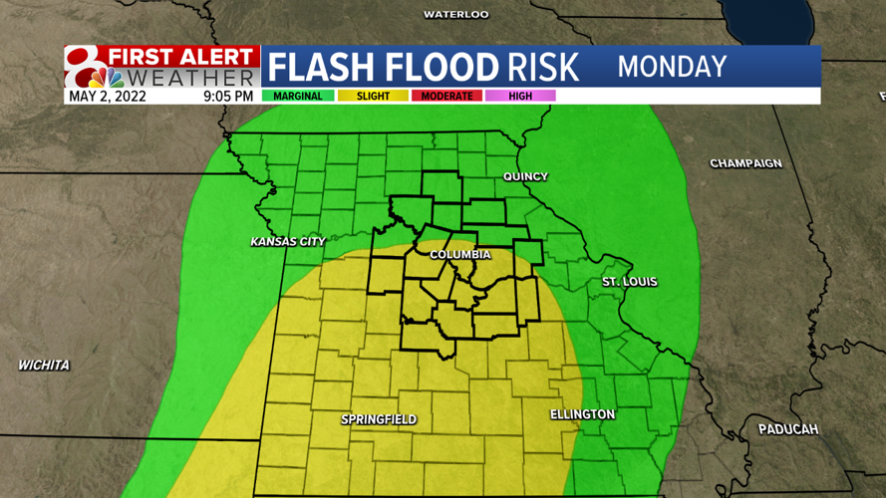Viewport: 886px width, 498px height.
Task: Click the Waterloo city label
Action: (x=455, y=15)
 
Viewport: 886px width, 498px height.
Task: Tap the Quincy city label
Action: (x=525, y=176)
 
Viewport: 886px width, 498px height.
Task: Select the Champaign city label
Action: (x=744, y=163)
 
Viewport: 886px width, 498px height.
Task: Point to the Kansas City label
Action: (x=288, y=242)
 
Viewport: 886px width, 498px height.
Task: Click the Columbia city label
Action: (x=459, y=255)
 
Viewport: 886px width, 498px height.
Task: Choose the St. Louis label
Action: (x=629, y=282)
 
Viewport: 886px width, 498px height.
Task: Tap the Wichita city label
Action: (x=44, y=366)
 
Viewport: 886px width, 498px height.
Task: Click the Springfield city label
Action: (x=379, y=419)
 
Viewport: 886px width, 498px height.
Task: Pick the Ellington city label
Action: (x=582, y=414)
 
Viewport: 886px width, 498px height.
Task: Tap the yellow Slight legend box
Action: (x=373, y=97)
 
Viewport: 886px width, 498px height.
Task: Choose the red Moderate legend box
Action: (x=446, y=97)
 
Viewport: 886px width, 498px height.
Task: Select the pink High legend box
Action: (x=520, y=97)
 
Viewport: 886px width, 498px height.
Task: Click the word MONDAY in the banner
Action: (x=672, y=67)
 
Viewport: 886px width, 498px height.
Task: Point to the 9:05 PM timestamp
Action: (x=228, y=97)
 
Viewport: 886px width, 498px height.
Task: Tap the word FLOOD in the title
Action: (x=432, y=67)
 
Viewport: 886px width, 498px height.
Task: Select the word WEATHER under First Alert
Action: (x=191, y=78)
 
